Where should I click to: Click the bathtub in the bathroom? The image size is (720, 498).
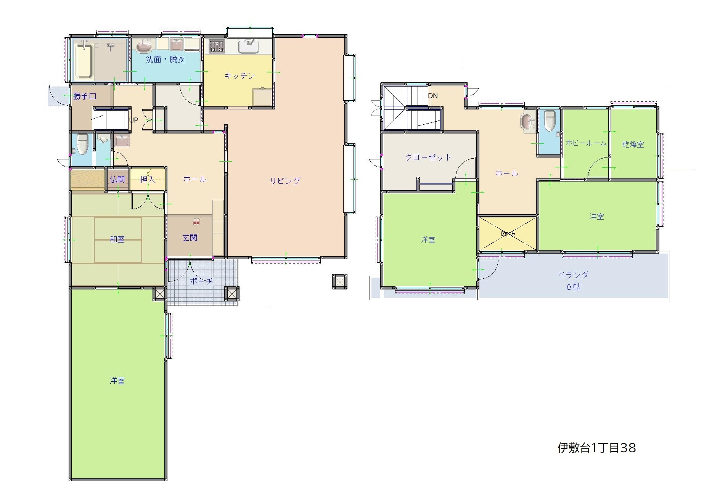point(84,61)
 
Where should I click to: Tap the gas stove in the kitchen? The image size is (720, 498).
point(217,47)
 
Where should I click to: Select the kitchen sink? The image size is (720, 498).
point(249,46)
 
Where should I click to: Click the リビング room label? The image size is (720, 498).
point(285,181)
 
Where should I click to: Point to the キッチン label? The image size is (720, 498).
point(239,76)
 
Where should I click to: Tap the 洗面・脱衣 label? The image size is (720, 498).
point(165,59)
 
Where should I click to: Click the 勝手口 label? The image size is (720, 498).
point(85,96)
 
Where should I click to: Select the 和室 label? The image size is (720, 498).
point(117,239)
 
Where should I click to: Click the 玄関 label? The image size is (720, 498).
point(190,238)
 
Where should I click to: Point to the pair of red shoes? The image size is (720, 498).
point(196,221)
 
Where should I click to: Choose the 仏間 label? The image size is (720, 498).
point(117,179)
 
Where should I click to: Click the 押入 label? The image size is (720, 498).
point(148,179)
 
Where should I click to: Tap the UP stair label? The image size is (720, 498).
point(133,120)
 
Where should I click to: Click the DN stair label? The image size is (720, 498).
point(433,96)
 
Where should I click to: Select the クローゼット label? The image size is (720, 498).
point(428,157)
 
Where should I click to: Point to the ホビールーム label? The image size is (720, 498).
point(586,143)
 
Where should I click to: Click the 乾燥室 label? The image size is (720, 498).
point(633,145)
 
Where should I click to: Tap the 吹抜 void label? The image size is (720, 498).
point(508,234)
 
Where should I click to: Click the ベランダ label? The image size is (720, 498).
point(573,275)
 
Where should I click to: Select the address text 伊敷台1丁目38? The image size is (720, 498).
point(597,448)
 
